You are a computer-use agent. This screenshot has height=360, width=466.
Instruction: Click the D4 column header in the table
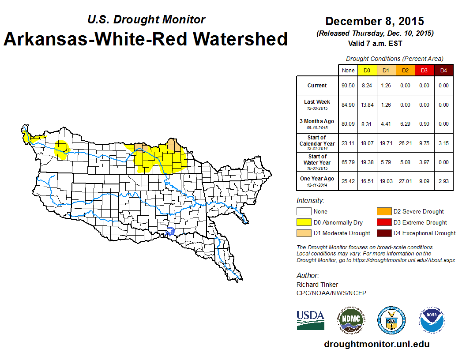tap(443, 71)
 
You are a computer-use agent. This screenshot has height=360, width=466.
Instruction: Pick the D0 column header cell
tap(366, 71)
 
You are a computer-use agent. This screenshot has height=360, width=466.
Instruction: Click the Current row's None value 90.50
tap(348, 86)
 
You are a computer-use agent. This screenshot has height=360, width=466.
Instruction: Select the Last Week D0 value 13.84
tap(366, 105)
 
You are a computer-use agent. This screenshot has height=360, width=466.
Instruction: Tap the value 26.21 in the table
tap(405, 143)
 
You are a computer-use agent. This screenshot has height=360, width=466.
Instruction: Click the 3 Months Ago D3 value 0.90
tap(424, 124)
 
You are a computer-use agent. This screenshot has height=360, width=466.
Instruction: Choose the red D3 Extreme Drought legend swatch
tap(383, 222)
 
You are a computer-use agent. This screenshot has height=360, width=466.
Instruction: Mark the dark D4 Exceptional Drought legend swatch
tap(383, 233)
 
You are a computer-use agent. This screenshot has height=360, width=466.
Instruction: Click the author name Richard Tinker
tap(317, 285)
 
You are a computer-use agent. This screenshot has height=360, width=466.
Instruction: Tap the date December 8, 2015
tap(375, 21)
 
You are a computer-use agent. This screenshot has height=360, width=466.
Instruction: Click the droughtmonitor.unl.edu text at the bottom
tap(376, 344)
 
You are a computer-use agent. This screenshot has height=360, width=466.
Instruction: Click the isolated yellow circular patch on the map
tap(62, 149)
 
